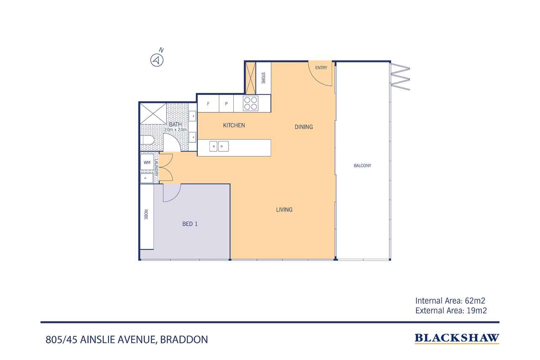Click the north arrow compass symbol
(x=157, y=60)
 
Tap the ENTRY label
(x=321, y=68)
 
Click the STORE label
(x=263, y=78)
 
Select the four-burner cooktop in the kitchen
(x=251, y=103)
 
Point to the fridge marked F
(x=208, y=103)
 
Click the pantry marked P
(x=226, y=103)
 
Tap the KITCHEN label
(x=234, y=125)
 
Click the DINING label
(x=304, y=127)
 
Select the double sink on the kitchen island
(x=219, y=146)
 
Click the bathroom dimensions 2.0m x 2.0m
(x=175, y=130)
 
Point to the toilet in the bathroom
(x=148, y=140)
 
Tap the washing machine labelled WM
(x=147, y=162)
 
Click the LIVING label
(x=284, y=210)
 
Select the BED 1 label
(x=190, y=224)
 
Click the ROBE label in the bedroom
(x=146, y=214)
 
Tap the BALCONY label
(x=362, y=166)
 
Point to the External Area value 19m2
(x=477, y=311)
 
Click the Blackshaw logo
(x=457, y=338)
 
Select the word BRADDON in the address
(x=184, y=339)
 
